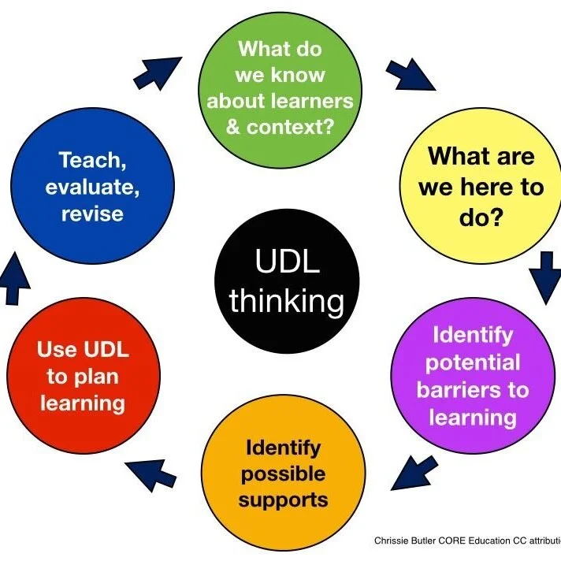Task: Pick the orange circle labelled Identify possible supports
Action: pos(283,474)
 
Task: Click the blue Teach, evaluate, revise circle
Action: pos(93,186)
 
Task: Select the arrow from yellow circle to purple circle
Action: pos(544,278)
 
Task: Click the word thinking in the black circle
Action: pos(287,301)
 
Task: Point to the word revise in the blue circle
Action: pos(93,214)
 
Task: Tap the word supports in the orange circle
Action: pos(284,500)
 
